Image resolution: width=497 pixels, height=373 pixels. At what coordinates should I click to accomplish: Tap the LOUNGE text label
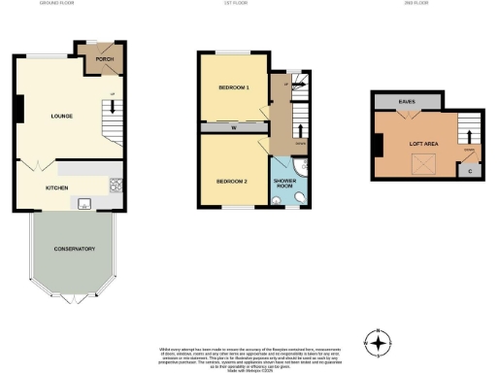click(x=62, y=116)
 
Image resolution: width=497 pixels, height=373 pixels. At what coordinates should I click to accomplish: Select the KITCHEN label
click(x=57, y=187)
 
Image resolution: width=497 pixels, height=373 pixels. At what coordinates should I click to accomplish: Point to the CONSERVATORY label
click(x=75, y=249)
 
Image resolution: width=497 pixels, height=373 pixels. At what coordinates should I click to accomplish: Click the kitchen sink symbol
click(x=84, y=203)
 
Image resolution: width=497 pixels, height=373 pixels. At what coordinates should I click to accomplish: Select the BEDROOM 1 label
click(x=234, y=87)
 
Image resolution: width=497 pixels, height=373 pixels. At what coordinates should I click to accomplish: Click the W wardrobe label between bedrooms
click(x=235, y=126)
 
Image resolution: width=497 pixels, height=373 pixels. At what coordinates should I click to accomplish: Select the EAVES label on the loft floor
click(x=408, y=100)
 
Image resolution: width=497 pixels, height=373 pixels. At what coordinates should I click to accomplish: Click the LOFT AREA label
click(x=423, y=143)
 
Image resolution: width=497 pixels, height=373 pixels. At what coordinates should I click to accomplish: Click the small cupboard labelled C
click(x=471, y=171)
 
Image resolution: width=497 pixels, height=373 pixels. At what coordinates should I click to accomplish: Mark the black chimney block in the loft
click(x=378, y=145)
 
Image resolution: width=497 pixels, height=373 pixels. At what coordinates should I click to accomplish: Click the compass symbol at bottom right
click(x=377, y=342)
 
